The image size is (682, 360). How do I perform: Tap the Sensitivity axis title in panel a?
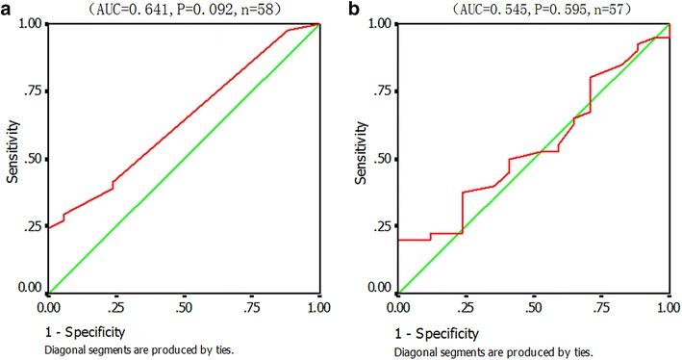coord(13,158)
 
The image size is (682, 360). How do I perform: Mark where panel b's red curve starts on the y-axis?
coord(397,240)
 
